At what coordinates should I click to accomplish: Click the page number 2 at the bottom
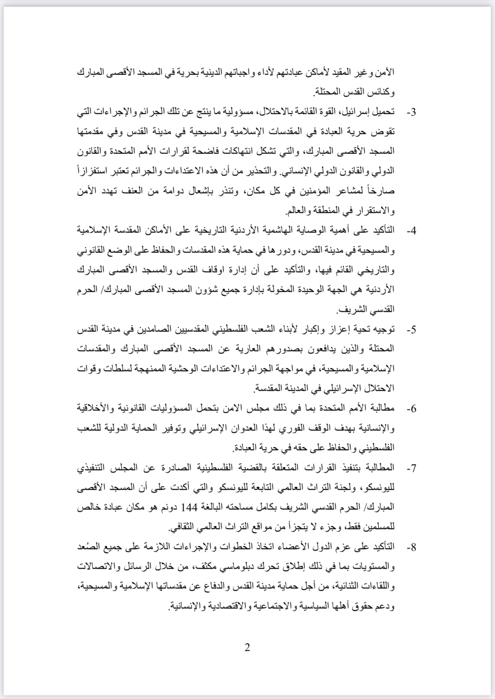click(247, 647)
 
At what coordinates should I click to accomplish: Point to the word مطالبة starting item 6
click(383, 409)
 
